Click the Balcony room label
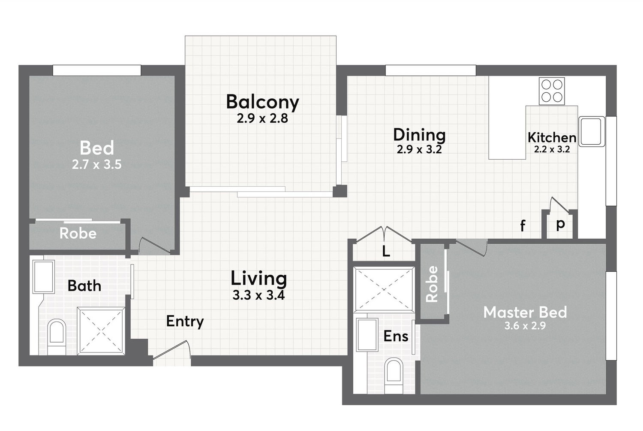(262, 102)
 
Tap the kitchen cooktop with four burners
(551, 91)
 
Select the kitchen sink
(591, 131)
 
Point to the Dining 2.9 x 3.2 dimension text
(419, 149)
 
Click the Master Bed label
(525, 313)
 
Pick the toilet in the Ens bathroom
(394, 375)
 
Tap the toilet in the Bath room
(57, 337)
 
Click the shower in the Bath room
(101, 330)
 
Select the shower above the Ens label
(384, 289)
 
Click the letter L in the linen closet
(386, 252)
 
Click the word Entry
(185, 322)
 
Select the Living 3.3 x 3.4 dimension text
(258, 295)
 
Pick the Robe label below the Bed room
(78, 234)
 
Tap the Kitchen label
(552, 138)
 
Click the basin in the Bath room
(43, 277)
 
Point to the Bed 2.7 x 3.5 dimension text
(97, 165)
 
